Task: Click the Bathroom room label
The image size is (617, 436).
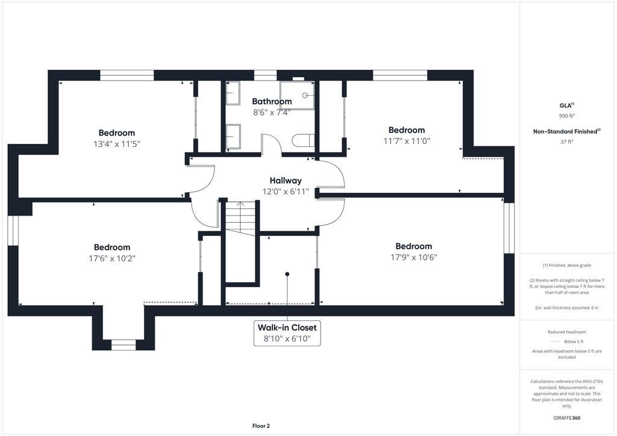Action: pos(272,101)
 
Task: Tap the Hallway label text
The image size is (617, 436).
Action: pos(286,181)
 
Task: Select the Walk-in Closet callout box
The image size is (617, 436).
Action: pos(287,333)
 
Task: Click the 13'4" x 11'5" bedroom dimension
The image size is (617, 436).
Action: pos(117,144)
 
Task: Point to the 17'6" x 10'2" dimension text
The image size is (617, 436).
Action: pos(112,258)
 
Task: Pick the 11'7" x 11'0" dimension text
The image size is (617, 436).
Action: pos(407,141)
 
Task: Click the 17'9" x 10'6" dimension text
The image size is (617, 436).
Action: pos(414,257)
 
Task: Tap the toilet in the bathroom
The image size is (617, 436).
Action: pos(304,140)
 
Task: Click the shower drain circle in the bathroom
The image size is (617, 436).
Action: pos(305,95)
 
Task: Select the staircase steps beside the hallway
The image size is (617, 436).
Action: pos(240,219)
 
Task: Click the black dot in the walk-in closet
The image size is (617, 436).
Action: pos(287,274)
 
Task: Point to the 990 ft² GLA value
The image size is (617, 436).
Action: pos(566,116)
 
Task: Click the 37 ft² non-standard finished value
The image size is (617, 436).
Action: pos(566,142)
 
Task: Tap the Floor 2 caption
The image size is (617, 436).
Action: pos(261,426)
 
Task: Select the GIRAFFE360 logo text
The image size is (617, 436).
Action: pos(566,417)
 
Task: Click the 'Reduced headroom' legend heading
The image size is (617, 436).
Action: pos(566,332)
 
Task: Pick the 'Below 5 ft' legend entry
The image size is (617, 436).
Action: pos(574,341)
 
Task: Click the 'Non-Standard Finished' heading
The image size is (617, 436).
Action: pos(565,131)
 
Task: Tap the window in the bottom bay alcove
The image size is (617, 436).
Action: pos(123,345)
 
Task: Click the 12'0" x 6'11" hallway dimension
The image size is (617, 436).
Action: pos(286,192)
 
